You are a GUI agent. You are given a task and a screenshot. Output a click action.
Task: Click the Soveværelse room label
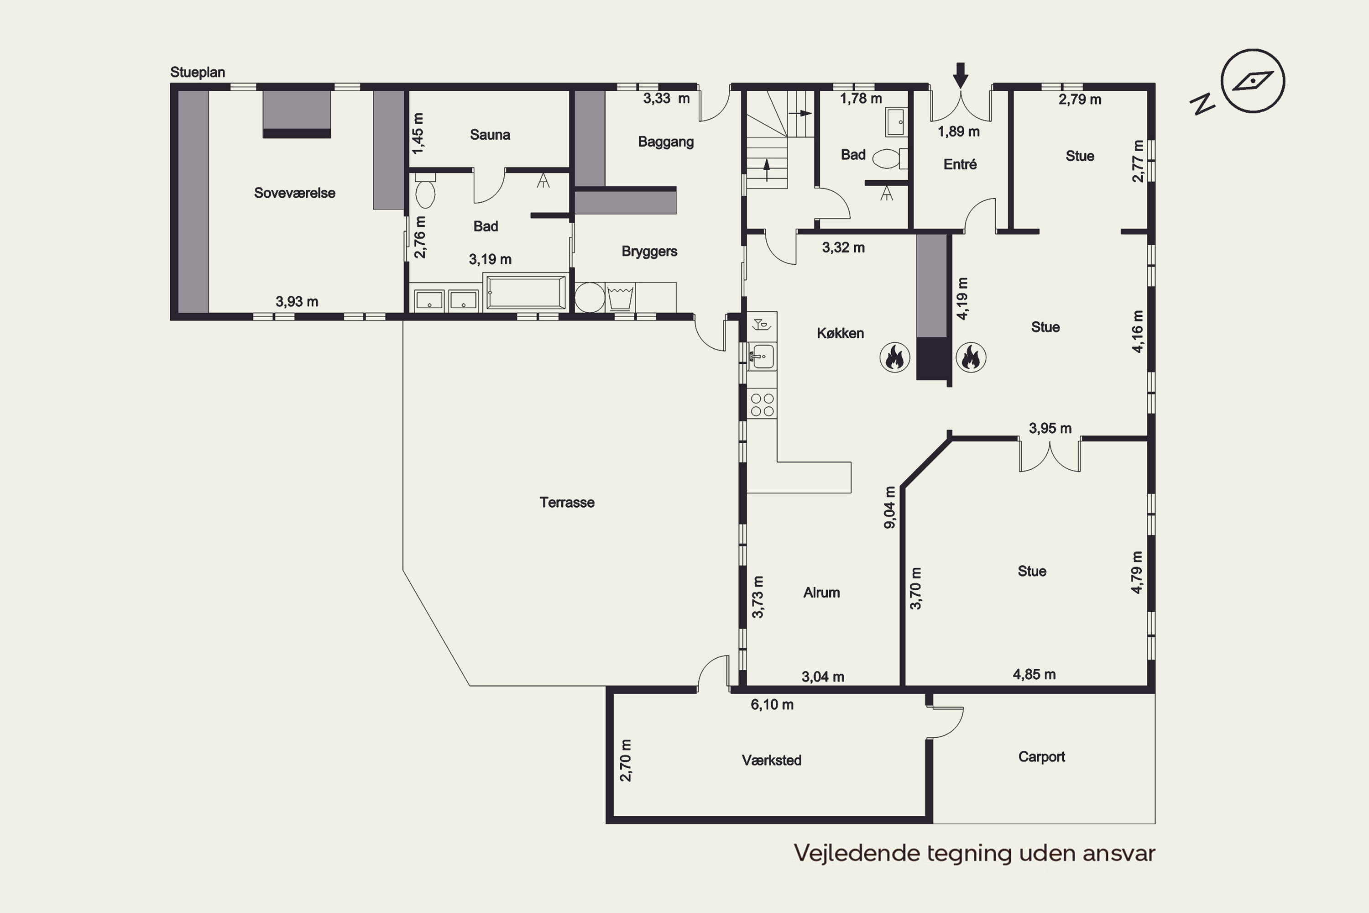point(294,193)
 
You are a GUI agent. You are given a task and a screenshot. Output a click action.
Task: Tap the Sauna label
point(490,135)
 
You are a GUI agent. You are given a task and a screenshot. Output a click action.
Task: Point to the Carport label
point(1041,757)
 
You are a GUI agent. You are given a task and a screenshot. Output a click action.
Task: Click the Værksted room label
point(771,761)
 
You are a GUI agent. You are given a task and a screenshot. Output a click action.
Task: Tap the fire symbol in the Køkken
point(894,357)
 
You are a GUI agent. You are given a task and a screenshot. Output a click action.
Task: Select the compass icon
point(1253,81)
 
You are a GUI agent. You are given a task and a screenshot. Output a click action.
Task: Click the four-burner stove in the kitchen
point(762,404)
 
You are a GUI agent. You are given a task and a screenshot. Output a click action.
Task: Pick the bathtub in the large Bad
point(526,292)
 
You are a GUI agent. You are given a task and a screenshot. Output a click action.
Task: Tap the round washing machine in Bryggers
point(590,298)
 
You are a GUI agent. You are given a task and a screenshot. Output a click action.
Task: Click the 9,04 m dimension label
point(890,507)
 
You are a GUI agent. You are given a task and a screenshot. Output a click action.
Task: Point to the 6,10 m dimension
point(772,704)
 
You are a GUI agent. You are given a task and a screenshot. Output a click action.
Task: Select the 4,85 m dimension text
point(1035,674)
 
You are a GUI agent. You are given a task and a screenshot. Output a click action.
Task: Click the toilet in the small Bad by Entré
point(890,158)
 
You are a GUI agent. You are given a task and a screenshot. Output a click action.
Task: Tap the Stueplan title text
point(197,72)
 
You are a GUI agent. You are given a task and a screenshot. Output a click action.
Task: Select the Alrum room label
point(821,593)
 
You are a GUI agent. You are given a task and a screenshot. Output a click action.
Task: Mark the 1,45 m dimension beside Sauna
point(418,133)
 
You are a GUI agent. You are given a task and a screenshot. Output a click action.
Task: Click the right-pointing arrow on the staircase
point(800,114)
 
